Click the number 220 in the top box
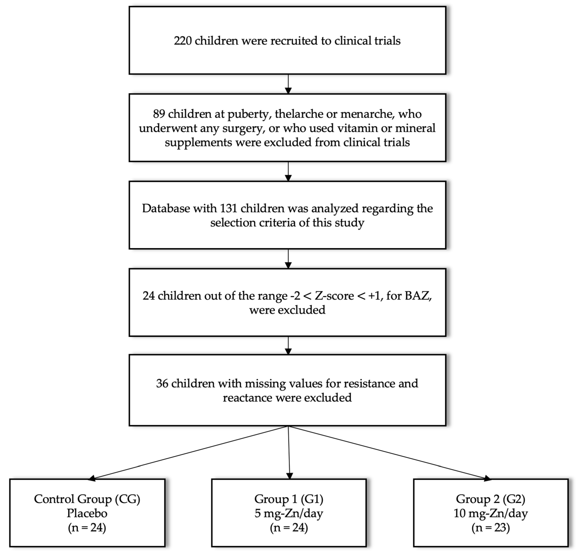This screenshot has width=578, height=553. (183, 41)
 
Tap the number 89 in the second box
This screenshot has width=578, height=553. (159, 114)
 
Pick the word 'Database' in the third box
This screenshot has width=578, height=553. (166, 208)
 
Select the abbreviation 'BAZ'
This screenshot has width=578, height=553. (418, 296)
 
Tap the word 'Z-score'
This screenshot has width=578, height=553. (334, 296)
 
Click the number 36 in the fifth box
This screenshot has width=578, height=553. (162, 383)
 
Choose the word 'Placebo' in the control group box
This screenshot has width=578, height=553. (87, 513)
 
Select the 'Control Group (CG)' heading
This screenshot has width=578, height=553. (87, 499)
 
